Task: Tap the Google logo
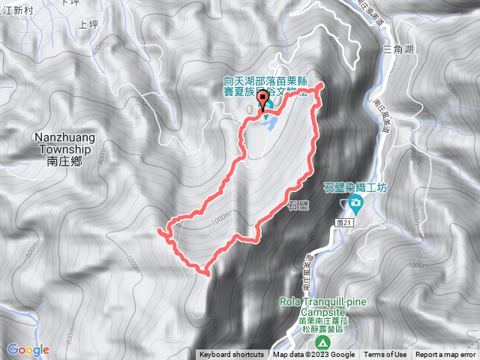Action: coord(28,349)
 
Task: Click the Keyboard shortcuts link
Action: coord(232,355)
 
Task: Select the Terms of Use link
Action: coord(385,355)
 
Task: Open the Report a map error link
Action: coord(445,355)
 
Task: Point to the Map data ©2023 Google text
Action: coord(313,355)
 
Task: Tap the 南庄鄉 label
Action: coord(62,160)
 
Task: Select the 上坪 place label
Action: coord(88,24)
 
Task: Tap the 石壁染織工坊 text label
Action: coord(355,187)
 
